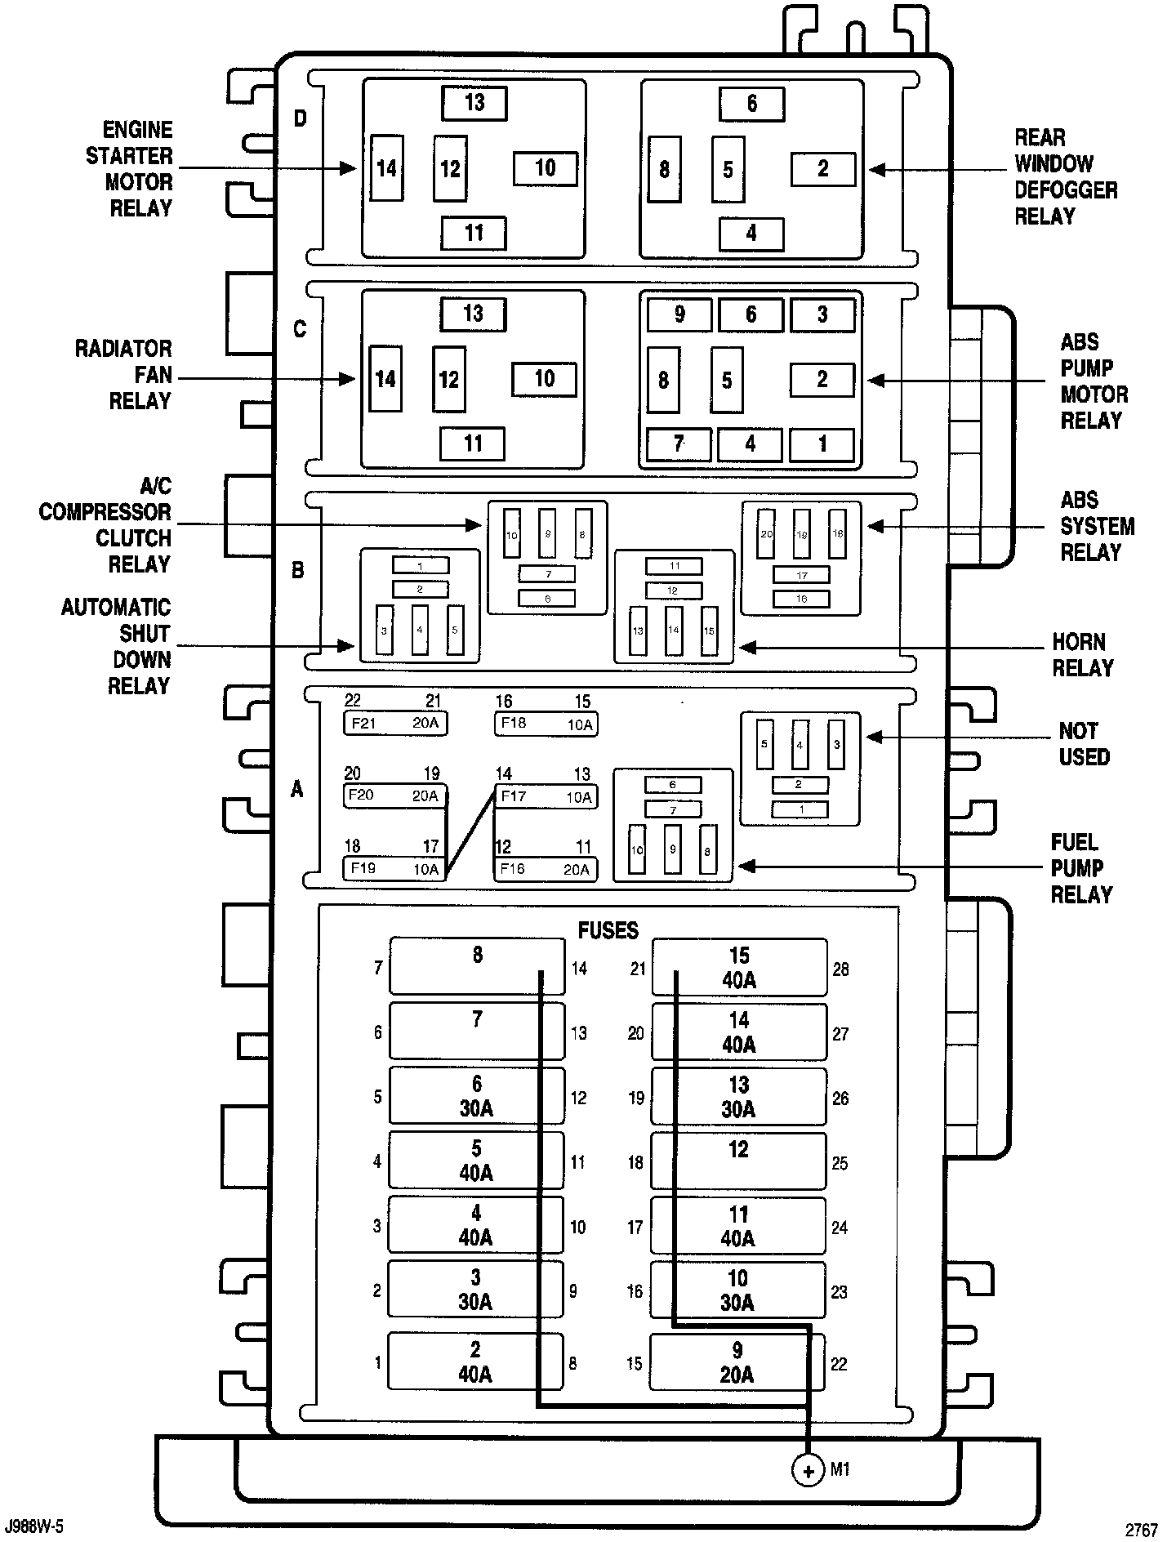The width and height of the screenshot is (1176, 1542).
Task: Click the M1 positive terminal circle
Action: click(808, 1471)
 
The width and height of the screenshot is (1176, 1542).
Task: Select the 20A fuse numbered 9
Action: click(737, 1362)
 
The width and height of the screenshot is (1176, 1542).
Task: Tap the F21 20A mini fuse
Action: click(395, 723)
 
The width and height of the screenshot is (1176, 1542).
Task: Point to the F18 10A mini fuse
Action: click(546, 724)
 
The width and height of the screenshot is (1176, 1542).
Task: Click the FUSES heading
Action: click(608, 930)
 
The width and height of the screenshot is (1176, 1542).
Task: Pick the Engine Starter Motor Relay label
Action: click(131, 169)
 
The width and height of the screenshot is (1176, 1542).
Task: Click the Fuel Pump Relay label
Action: click(1081, 868)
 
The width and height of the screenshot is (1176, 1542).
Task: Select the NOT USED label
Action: click(1084, 743)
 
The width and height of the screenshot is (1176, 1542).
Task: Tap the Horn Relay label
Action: click(1082, 655)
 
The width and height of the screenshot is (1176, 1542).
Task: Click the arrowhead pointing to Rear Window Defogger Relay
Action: click(876, 170)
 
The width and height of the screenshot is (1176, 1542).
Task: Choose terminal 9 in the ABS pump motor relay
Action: click(679, 314)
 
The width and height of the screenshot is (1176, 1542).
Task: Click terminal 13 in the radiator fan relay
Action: click(473, 314)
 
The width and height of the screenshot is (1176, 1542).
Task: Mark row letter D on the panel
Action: click(301, 118)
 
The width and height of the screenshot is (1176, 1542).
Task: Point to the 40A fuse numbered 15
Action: click(739, 968)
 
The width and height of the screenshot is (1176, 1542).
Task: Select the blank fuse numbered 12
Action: click(738, 1160)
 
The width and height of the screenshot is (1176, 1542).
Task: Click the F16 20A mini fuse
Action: click(545, 869)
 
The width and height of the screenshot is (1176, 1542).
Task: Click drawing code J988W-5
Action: click(34, 1526)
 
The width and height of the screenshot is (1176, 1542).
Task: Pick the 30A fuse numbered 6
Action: click(477, 1096)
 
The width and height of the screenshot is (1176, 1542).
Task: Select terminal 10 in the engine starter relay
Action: click(545, 169)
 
